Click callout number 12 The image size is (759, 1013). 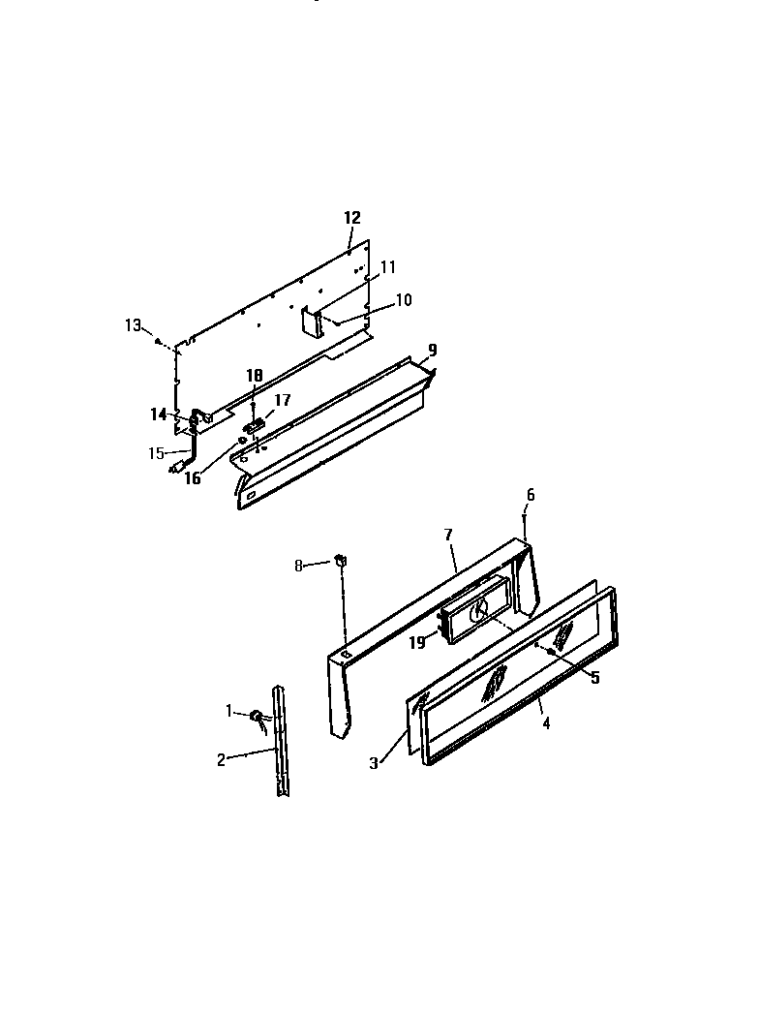[x=351, y=217]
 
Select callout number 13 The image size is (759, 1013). [x=133, y=325]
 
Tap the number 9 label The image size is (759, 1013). [x=433, y=350]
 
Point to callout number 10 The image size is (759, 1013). [x=403, y=300]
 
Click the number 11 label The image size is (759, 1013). [x=387, y=266]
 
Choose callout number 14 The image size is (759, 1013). [x=158, y=414]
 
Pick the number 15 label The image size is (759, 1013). [x=155, y=452]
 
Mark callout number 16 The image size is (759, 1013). [x=193, y=477]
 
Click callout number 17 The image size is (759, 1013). [x=282, y=398]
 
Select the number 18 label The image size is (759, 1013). [x=254, y=375]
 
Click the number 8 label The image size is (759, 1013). [x=299, y=565]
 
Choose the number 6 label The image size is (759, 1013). [x=530, y=495]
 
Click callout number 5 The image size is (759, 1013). [x=595, y=678]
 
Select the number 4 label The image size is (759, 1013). [x=546, y=723]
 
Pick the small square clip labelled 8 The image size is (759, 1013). [x=341, y=559]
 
